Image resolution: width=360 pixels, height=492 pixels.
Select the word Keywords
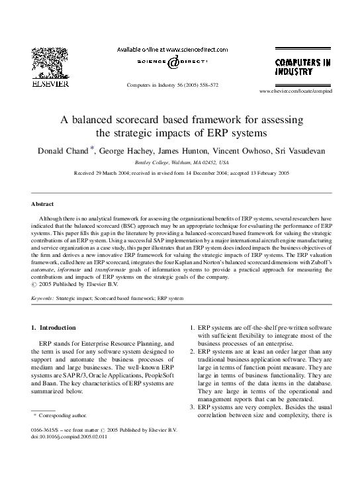coord(43,299)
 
